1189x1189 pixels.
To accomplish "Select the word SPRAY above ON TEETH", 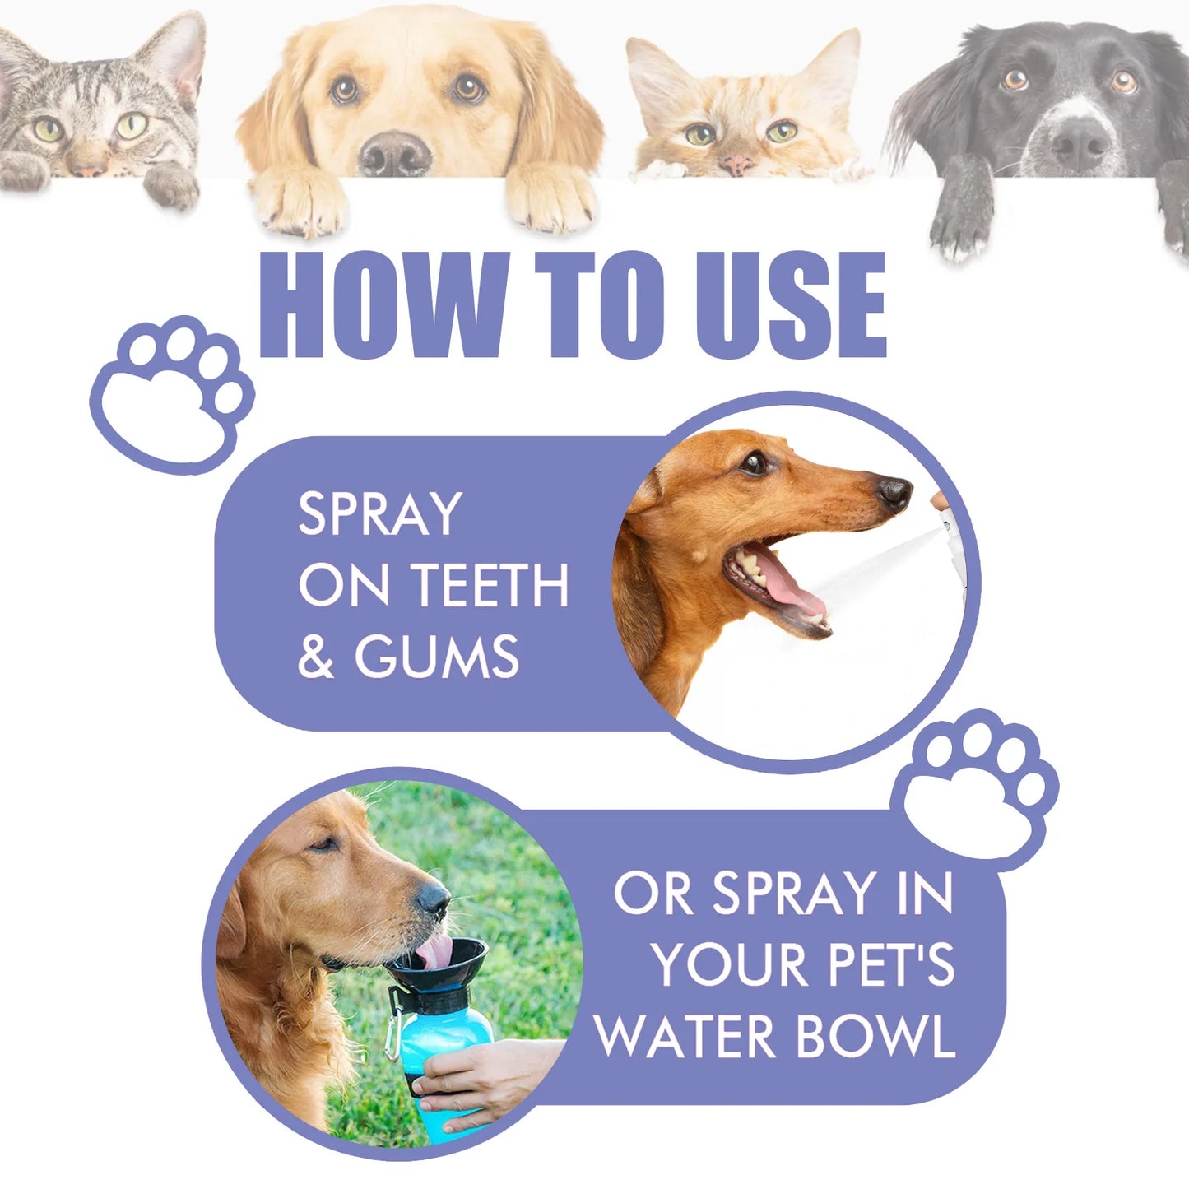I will pos(379,514).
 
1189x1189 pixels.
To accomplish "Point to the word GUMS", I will pos(436,657).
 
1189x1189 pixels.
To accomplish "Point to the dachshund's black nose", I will pos(894,492).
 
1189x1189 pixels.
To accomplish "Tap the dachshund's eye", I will pos(753,463).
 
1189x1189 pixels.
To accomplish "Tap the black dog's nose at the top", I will pos(1079,142).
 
